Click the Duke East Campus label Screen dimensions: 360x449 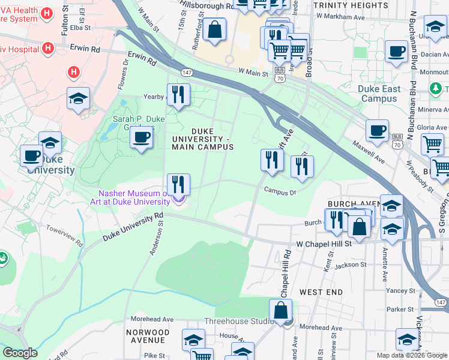click(379, 94)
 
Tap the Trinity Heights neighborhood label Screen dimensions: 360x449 click(346, 5)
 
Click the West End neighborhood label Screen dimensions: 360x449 click(321, 292)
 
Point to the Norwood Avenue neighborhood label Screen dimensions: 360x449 click(148, 336)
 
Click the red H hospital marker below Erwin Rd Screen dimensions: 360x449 click(74, 72)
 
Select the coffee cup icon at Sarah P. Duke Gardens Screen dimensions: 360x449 click(142, 137)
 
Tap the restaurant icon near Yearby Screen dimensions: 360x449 click(178, 95)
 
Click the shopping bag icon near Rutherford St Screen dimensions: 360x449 click(214, 29)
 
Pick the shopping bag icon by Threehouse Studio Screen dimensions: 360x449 click(280, 310)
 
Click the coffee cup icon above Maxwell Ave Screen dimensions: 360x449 click(377, 130)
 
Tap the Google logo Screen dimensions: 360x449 click(20, 353)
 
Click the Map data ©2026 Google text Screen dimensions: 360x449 click(411, 355)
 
